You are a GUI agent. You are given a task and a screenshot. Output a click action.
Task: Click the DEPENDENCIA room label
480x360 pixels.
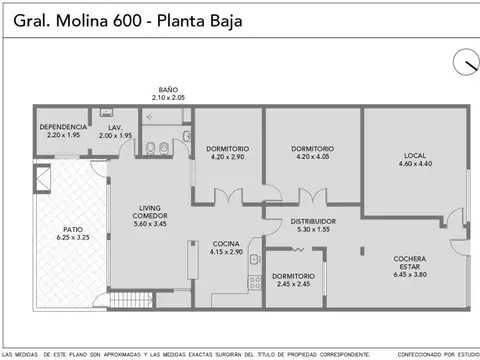point(63,127)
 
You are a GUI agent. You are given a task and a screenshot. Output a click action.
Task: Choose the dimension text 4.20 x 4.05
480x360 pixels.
point(313,157)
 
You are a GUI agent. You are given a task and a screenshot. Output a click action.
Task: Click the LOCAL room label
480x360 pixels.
point(415,155)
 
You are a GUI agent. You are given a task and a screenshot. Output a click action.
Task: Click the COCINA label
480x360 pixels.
point(226,243)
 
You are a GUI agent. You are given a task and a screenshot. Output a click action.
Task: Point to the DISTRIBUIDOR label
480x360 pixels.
point(313,221)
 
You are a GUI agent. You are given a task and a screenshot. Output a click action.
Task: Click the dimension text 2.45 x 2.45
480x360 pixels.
point(293,284)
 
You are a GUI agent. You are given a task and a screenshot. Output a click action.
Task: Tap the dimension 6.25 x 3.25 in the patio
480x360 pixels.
point(73,238)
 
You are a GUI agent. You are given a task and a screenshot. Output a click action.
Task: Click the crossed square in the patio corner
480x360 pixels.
point(40,179)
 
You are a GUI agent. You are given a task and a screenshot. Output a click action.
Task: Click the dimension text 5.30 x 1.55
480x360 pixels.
point(313,229)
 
